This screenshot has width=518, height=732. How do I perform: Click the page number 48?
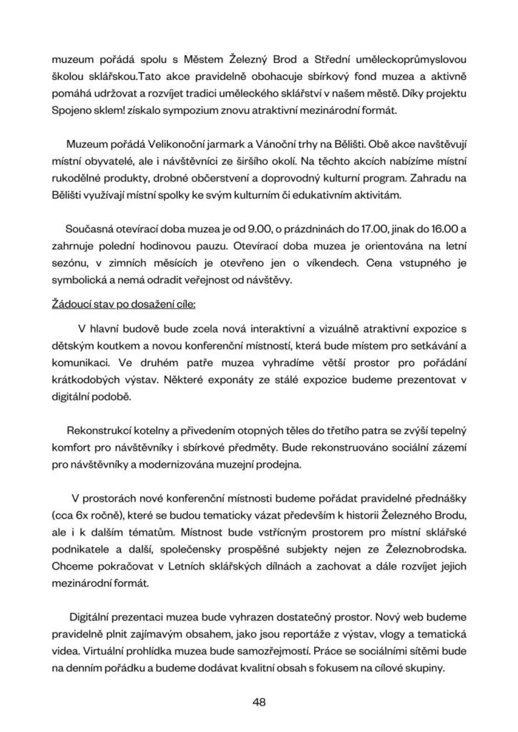coord(259,701)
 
